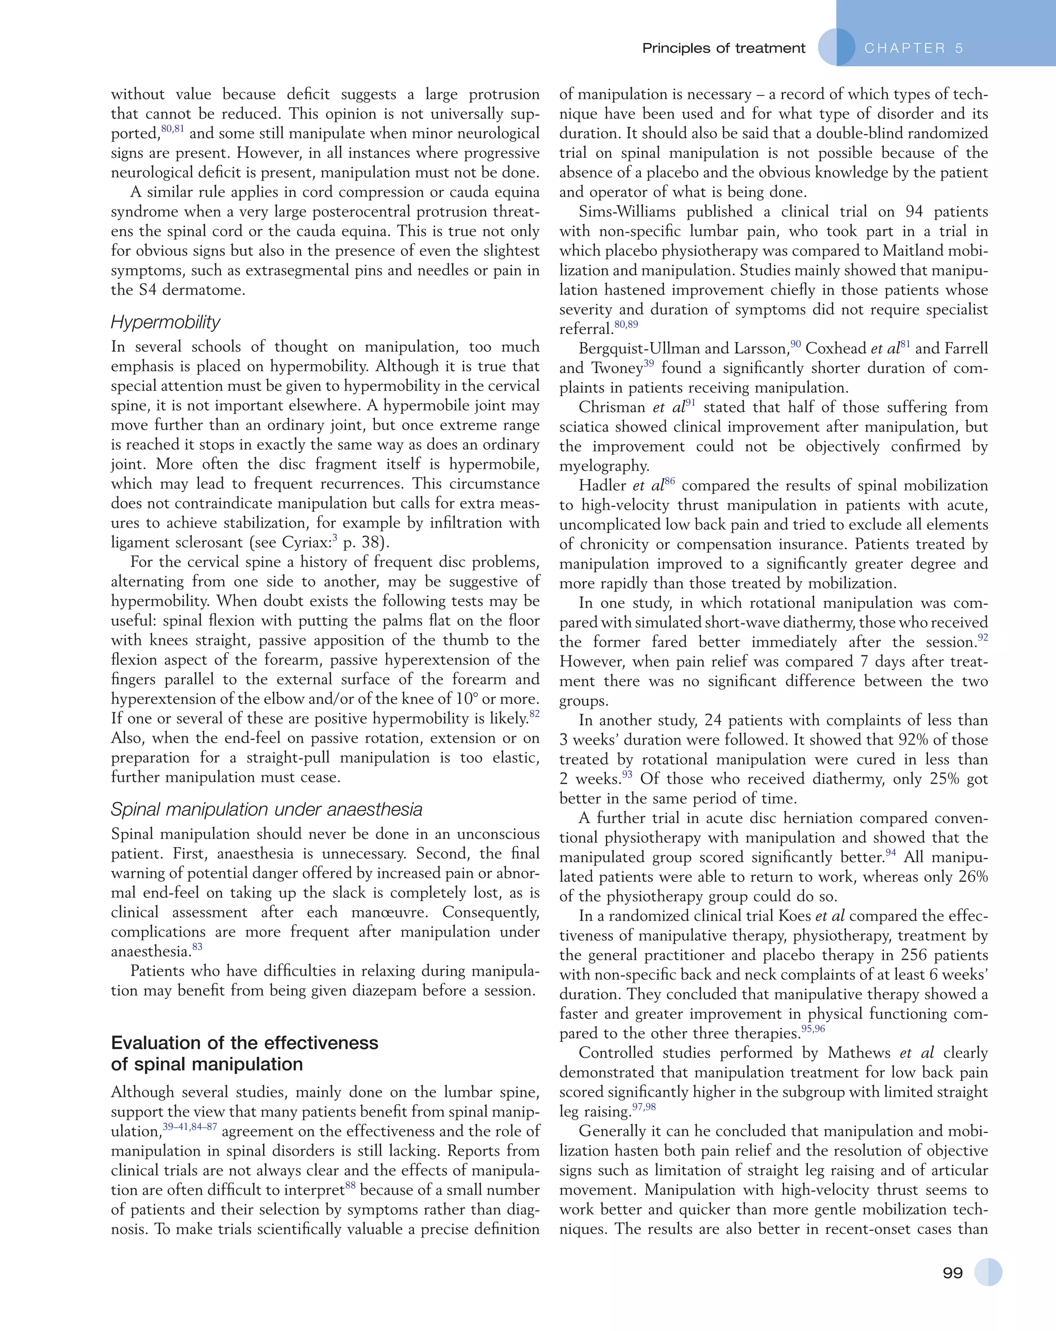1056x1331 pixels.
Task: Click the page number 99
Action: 952,1273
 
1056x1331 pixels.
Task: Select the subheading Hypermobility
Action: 166,322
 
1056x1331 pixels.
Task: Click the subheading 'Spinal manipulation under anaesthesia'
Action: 267,809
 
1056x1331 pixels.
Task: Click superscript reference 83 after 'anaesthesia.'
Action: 197,947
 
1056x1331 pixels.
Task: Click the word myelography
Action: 604,466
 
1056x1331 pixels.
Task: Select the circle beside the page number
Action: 988,1272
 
